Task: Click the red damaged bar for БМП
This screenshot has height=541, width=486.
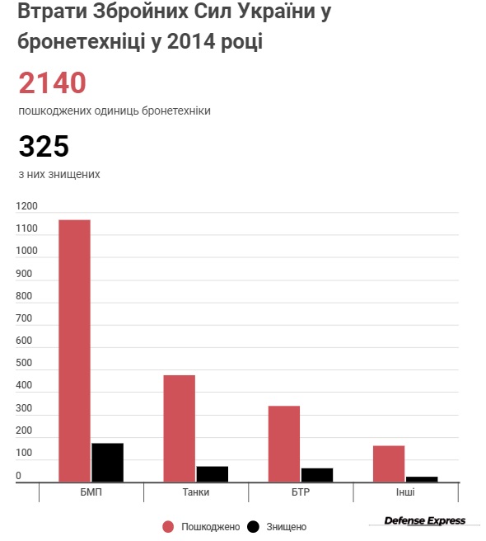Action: [x=74, y=350]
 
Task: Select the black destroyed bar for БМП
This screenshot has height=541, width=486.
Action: [x=108, y=463]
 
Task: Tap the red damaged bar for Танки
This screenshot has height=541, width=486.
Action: [x=180, y=429]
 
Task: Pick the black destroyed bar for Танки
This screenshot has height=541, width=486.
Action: [x=213, y=474]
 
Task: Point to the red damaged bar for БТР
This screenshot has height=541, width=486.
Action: [x=284, y=444]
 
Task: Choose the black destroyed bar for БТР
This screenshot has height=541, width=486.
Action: [x=317, y=475]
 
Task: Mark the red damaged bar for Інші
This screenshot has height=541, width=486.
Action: [x=389, y=464]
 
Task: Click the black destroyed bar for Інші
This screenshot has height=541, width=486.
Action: [x=422, y=479]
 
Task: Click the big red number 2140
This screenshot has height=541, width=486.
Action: [x=52, y=82]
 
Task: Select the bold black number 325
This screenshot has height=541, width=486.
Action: [x=44, y=146]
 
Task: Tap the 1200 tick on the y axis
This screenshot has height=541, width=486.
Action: [x=26, y=206]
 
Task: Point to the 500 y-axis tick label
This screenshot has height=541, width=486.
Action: [x=24, y=363]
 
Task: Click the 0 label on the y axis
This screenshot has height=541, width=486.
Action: [x=19, y=476]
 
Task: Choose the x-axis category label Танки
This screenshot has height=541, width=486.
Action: [x=196, y=492]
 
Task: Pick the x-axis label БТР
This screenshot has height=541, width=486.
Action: [x=301, y=492]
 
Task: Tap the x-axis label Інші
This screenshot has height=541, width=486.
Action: [x=405, y=492]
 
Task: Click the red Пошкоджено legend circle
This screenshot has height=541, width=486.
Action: [x=168, y=527]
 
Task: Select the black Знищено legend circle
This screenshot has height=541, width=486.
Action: [x=254, y=527]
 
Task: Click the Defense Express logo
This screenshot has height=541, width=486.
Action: [x=425, y=520]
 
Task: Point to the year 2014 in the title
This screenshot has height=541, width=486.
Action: [x=191, y=41]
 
